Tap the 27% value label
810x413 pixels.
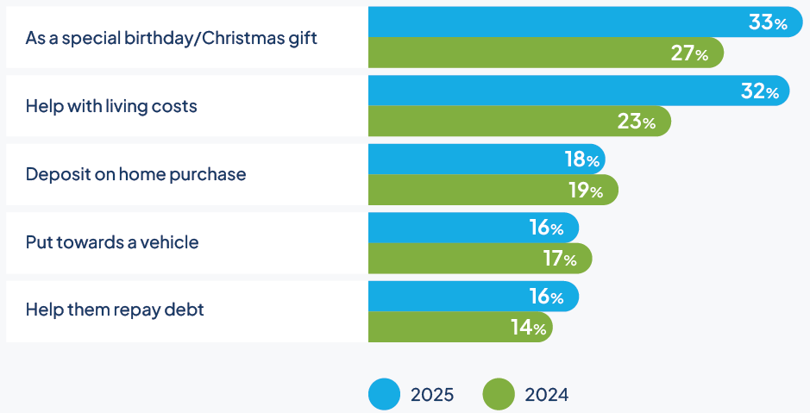pyautogui.click(x=689, y=53)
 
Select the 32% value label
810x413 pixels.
pyautogui.click(x=760, y=91)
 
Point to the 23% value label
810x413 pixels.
pyautogui.click(x=637, y=122)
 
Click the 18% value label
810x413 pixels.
pyautogui.click(x=581, y=160)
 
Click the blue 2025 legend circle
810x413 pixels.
pyautogui.click(x=385, y=394)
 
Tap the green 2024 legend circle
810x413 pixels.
pyautogui.click(x=498, y=394)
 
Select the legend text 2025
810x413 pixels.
pyautogui.click(x=432, y=395)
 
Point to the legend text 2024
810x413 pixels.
pyautogui.click(x=547, y=395)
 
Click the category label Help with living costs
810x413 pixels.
pyautogui.click(x=111, y=107)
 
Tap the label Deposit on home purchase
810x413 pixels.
pyautogui.click(x=135, y=174)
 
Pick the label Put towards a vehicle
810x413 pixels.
pyautogui.click(x=112, y=242)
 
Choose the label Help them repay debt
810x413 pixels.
pyautogui.click(x=115, y=310)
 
